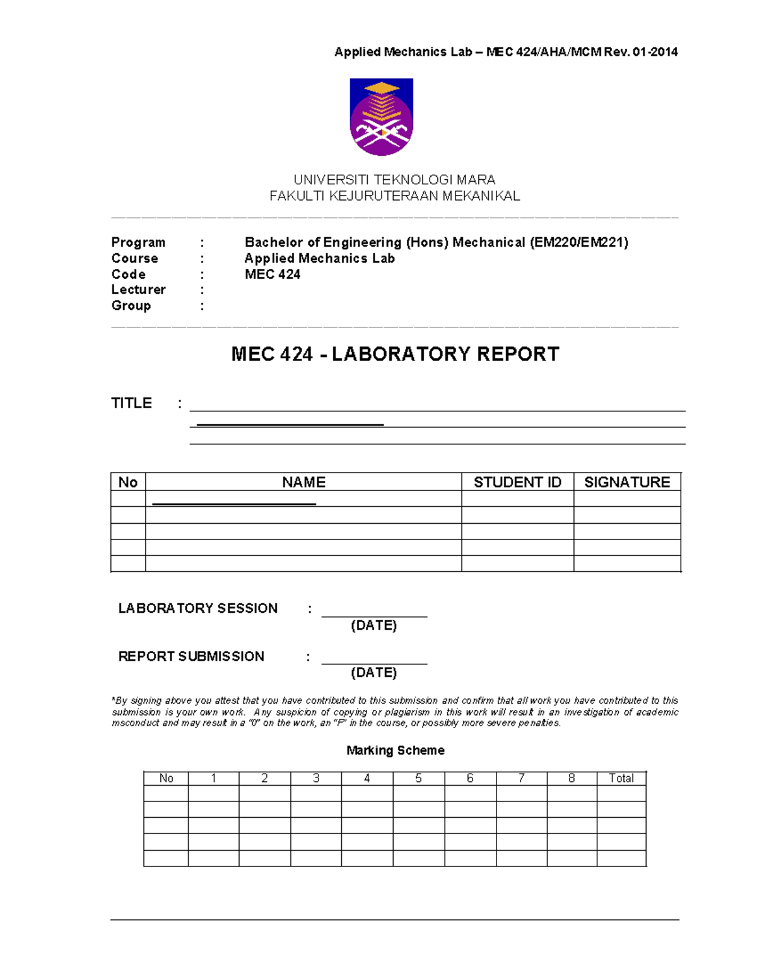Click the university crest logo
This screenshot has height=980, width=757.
pos(381,117)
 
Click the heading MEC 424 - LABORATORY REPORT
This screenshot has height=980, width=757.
pos(395,354)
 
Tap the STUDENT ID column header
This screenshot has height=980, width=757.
pos(517,482)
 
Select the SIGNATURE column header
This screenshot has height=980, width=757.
pos(627,482)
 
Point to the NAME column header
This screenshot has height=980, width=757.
pos(303,482)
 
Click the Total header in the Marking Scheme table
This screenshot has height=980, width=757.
pos(621,778)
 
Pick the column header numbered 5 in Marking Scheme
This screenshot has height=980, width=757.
pos(418,778)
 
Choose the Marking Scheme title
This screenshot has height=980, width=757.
pos(395,750)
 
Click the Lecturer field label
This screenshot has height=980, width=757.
pos(138,290)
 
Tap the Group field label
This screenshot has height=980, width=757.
pos(131,305)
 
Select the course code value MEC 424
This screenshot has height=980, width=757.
pos(273,274)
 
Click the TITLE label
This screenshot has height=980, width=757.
pos(131,403)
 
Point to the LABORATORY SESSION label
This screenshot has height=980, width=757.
pos(197,608)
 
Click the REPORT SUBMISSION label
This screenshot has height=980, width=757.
pos(191,656)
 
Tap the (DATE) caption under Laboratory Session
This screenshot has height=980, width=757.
pos(373,625)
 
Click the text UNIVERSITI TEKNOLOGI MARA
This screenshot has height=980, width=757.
pos(394,180)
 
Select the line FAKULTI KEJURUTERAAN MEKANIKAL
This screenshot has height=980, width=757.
pos(394,196)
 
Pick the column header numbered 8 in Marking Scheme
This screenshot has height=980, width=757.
pos(572,778)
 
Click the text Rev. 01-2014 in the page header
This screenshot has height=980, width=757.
pos(641,52)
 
